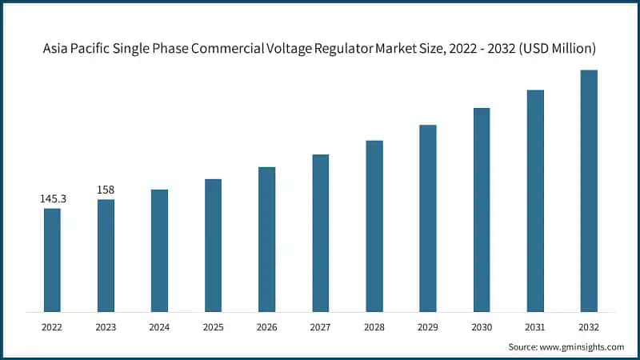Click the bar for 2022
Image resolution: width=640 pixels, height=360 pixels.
point(52,260)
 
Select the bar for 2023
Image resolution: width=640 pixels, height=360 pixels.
point(106,255)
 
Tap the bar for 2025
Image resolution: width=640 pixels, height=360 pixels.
point(213,245)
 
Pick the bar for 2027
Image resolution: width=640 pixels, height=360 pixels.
point(320,233)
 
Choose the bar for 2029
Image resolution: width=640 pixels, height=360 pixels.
point(428,218)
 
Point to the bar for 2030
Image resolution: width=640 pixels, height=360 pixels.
point(482,210)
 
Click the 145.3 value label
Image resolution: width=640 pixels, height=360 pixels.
point(53,198)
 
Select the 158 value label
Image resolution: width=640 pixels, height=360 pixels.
point(106,190)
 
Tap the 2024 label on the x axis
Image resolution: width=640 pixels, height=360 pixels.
point(159,326)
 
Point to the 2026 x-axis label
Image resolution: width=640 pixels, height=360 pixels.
point(266,326)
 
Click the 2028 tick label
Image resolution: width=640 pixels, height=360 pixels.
point(374,326)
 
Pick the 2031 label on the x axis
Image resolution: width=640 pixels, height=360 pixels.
point(535,326)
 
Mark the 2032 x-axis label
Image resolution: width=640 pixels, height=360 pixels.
point(589,326)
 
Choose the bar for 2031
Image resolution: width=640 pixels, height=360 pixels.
point(535,201)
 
